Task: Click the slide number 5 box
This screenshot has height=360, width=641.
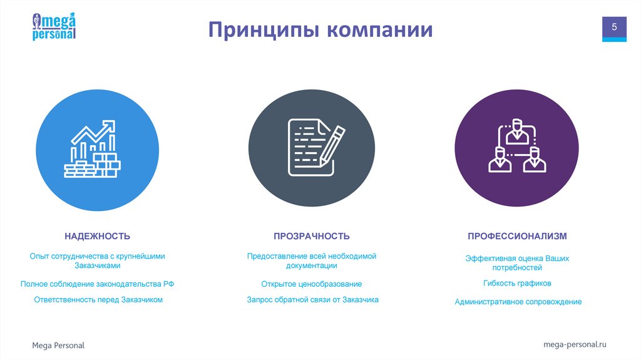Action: pos(614,28)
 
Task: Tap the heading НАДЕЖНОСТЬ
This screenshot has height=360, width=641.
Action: pos(97,236)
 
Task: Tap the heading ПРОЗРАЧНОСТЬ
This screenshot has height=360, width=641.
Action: pos(311,236)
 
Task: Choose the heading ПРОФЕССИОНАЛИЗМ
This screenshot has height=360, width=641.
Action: pos(517,236)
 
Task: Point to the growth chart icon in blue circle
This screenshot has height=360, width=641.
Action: pos(93,149)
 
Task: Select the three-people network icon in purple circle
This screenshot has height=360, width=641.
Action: pos(517,147)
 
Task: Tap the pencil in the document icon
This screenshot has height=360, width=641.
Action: pos(332,144)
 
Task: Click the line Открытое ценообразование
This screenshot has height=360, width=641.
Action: pos(311,284)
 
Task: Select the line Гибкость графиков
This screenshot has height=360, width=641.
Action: pos(517,283)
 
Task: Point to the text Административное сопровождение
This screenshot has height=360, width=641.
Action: pos(518,302)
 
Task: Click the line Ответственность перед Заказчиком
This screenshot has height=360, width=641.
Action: pos(98,300)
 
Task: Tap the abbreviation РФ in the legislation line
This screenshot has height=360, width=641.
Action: pos(168,284)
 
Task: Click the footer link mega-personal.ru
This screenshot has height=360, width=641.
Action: pos(575,344)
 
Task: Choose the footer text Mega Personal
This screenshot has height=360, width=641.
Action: pos(58,346)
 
